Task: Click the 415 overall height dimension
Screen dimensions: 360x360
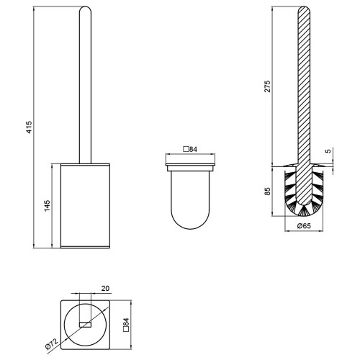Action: pos(29,127)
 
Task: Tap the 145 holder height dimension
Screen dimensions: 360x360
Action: pos(47,206)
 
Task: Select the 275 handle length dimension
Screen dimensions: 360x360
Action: pos(267,86)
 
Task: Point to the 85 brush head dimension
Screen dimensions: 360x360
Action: pos(267,191)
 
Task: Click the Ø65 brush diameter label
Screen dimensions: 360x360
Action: pos(304,226)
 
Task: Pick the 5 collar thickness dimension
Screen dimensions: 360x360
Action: pos(328,151)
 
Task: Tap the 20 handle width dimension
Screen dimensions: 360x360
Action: pos(105,288)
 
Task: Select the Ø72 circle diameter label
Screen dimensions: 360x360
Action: pos(52,343)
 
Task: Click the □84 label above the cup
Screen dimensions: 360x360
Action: pos(190,149)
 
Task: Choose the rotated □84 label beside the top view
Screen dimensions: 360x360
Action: pos(126,325)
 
